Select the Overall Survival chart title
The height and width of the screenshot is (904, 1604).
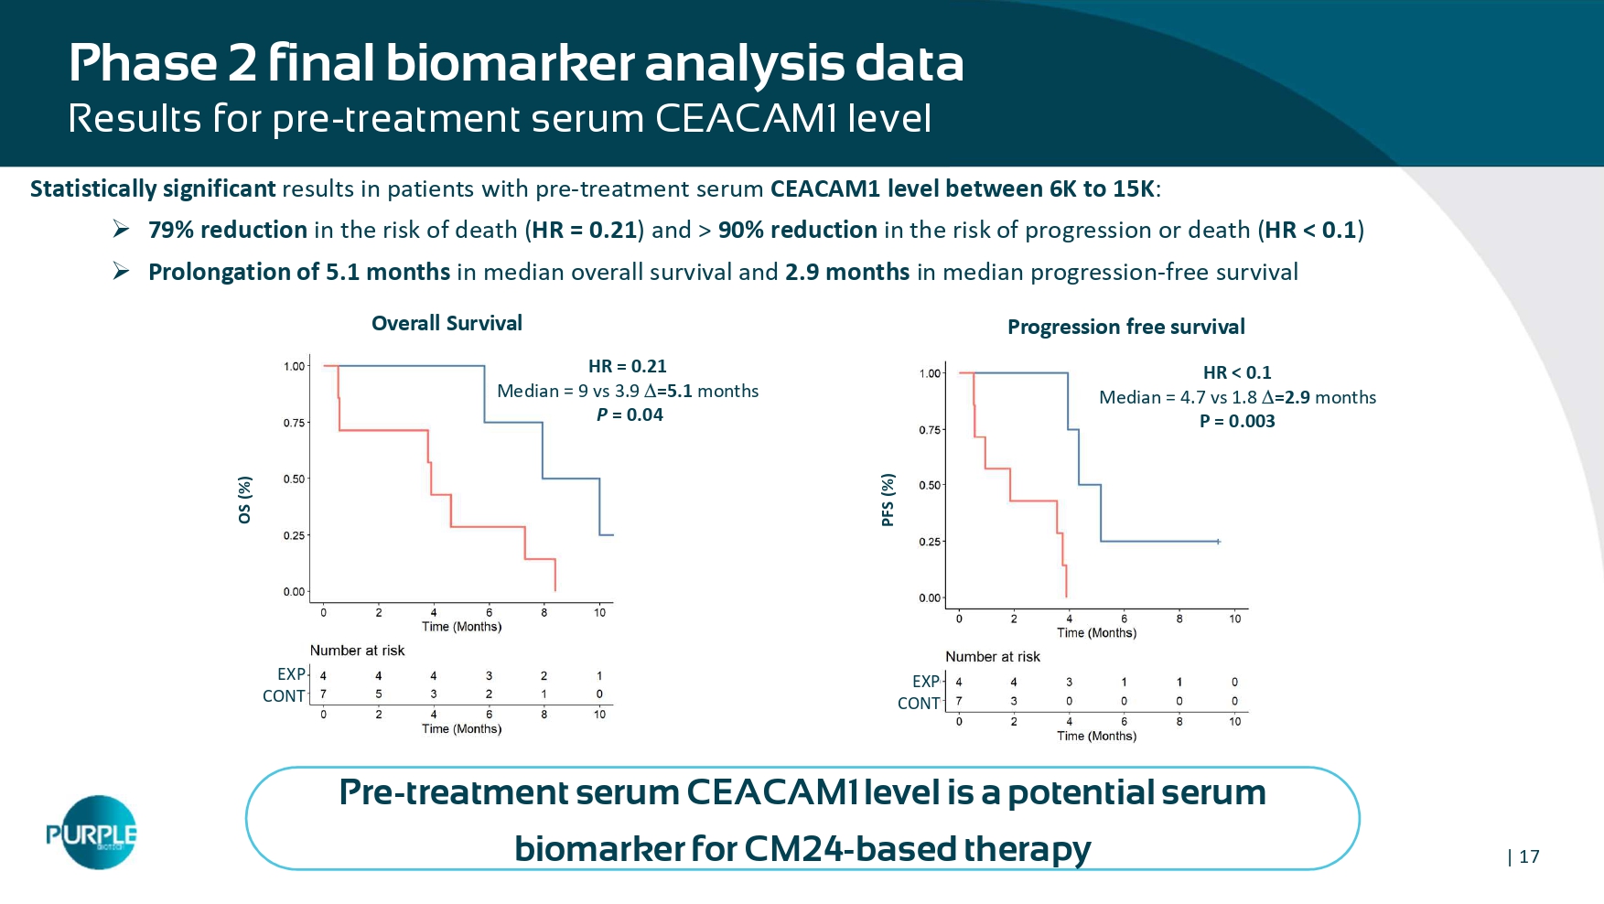click(x=447, y=323)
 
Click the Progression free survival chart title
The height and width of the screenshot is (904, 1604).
click(x=1125, y=327)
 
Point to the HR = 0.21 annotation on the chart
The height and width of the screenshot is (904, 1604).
click(x=627, y=366)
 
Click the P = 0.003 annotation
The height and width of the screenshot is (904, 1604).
click(x=1237, y=421)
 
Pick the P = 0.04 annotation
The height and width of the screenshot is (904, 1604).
click(x=630, y=414)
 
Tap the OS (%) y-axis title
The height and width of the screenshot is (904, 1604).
click(x=244, y=500)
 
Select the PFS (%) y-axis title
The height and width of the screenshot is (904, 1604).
click(x=888, y=500)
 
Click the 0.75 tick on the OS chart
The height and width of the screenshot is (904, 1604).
click(x=294, y=423)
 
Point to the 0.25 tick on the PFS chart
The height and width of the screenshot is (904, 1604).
click(x=930, y=542)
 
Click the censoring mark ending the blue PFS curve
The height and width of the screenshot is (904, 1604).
click(x=1218, y=542)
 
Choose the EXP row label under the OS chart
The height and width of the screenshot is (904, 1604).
click(x=291, y=674)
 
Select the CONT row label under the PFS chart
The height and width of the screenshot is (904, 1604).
click(x=919, y=703)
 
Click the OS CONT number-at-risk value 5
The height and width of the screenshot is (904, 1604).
click(x=379, y=694)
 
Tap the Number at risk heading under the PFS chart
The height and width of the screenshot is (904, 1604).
click(x=992, y=656)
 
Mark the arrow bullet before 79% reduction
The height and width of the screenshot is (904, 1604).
click(x=121, y=229)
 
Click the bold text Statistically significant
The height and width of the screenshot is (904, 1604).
click(x=153, y=188)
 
